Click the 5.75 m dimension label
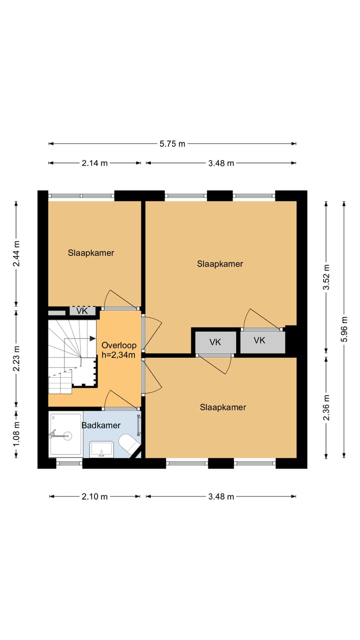pos(172,143)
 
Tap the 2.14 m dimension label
pos(94,163)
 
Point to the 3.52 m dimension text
pos(326,277)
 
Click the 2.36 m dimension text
pos(326,407)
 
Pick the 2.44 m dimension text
pos(16,253)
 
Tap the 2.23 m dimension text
pos(16,358)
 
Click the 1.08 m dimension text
pos(16,434)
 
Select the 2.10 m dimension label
pos(94,496)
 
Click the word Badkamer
pos(101,425)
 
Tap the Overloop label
pos(119,345)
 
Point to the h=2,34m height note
pos(118,355)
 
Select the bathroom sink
pos(101,449)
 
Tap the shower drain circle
pos(67,436)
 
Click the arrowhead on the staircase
pos(92,338)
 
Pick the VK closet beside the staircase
pos(82,311)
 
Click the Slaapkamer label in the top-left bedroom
pos(91,253)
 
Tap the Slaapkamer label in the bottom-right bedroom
pos(223,407)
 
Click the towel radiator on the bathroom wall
pos(139,425)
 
